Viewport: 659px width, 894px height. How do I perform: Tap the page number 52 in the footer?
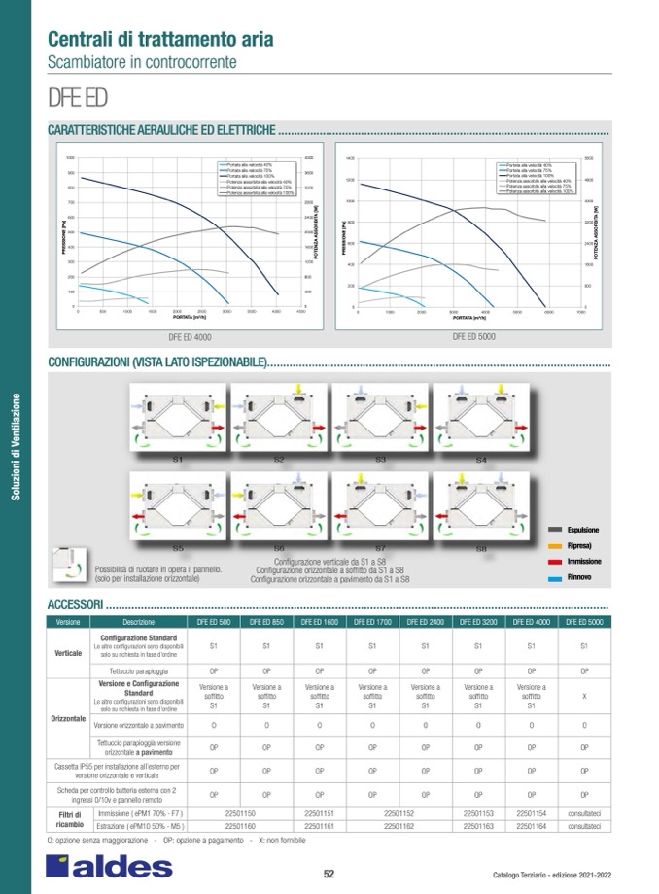[329, 873]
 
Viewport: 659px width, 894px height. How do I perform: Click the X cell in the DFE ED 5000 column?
[583, 696]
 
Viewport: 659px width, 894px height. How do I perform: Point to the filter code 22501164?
[531, 825]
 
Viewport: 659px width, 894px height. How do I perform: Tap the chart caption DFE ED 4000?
[190, 336]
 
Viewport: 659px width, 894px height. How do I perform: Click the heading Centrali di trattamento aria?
[159, 39]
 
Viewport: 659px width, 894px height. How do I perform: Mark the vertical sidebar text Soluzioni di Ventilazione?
[15, 447]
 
